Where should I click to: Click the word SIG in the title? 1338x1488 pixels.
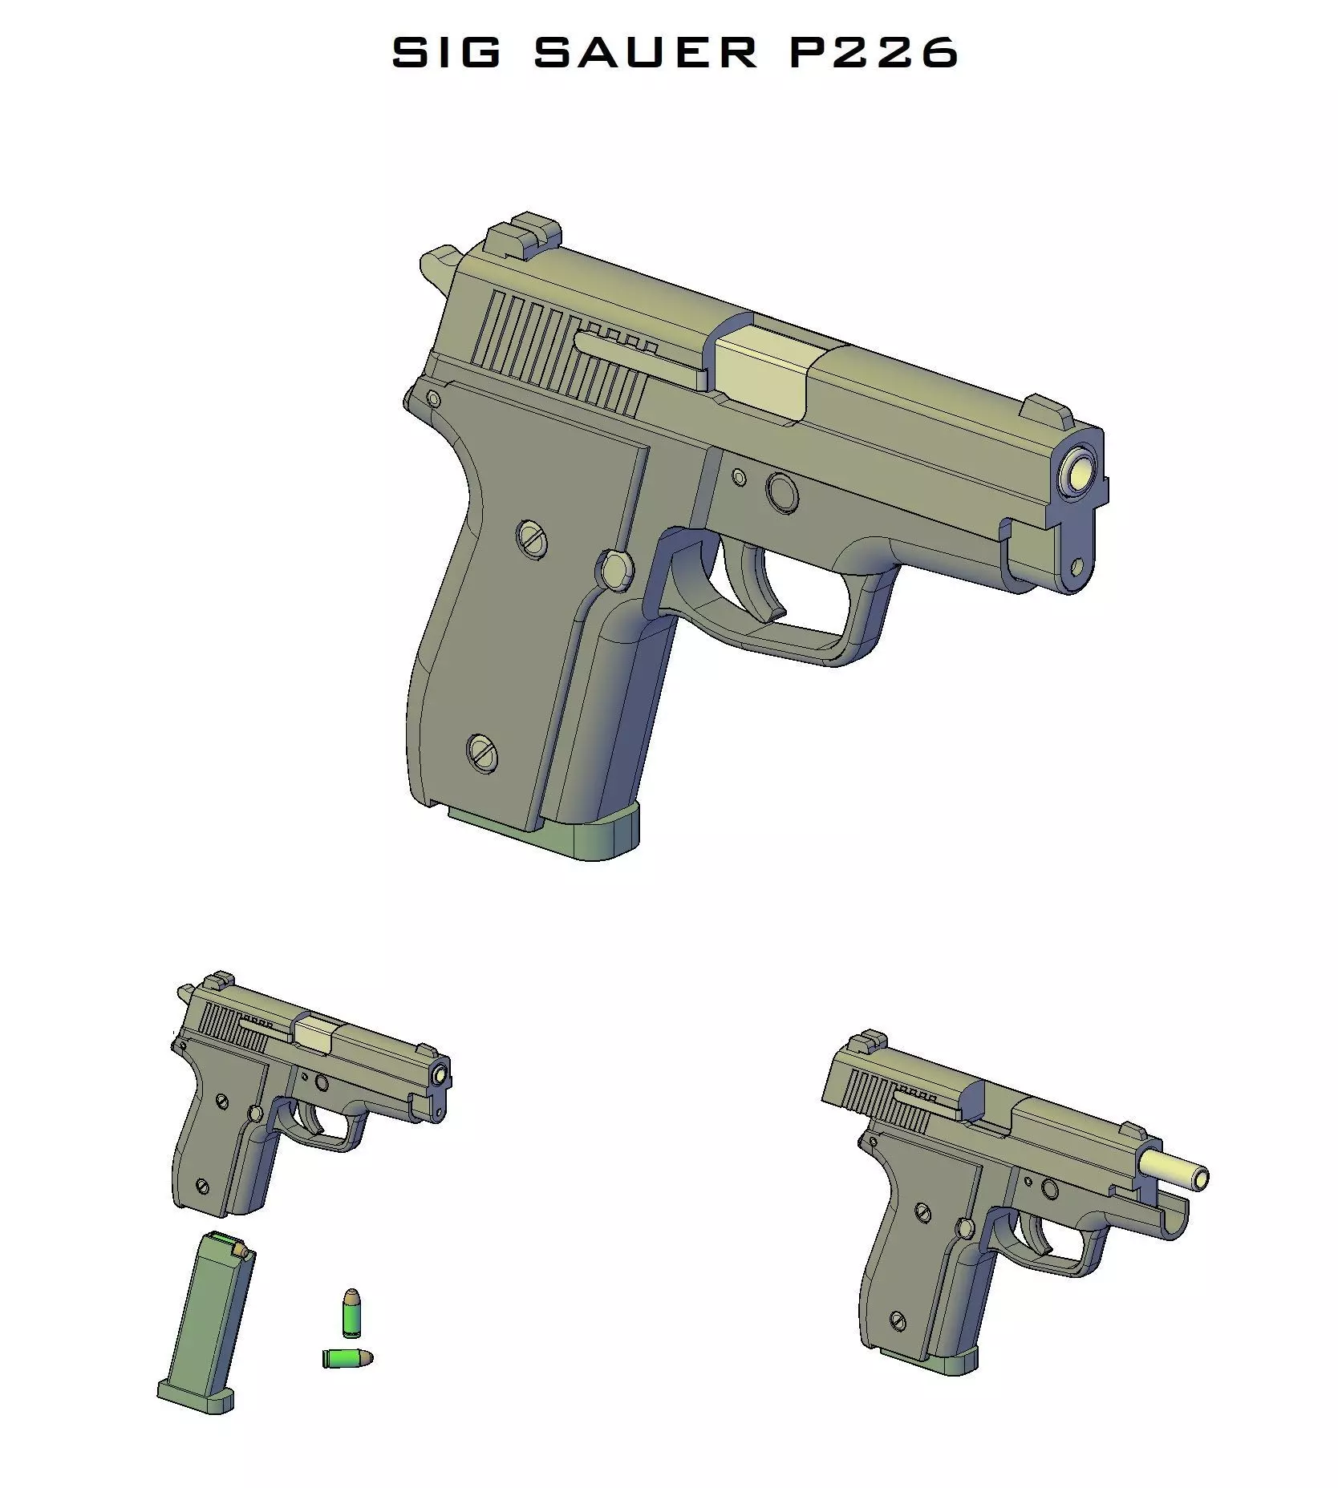point(446,53)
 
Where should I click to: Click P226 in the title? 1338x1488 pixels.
point(874,53)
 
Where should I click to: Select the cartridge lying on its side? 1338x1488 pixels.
point(347,1358)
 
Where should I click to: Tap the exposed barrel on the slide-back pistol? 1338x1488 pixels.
point(1174,1169)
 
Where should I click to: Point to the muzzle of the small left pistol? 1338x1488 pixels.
point(440,1075)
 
